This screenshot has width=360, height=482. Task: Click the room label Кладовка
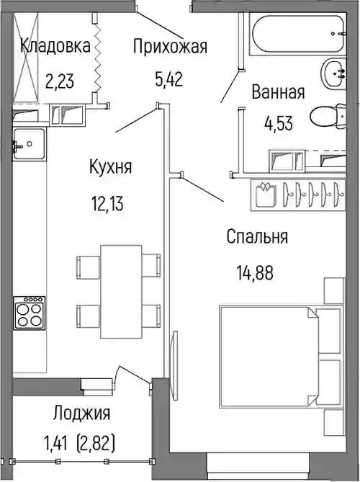(55, 46)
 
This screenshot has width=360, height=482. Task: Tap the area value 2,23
(60, 81)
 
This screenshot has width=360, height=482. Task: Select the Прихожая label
(170, 47)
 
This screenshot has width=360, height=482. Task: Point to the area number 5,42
(169, 79)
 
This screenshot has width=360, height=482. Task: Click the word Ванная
(279, 92)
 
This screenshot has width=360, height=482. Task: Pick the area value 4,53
(279, 123)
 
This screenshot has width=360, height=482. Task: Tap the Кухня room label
(111, 166)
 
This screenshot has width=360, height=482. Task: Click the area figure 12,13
(107, 204)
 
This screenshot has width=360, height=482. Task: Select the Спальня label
(257, 236)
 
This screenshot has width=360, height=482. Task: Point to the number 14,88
(255, 272)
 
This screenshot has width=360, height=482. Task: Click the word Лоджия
(81, 413)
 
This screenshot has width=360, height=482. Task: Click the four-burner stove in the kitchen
(30, 313)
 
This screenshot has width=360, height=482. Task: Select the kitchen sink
(30, 144)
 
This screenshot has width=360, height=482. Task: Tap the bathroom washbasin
(333, 73)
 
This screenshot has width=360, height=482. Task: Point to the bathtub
(297, 34)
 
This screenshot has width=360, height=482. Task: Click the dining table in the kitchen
(122, 292)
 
